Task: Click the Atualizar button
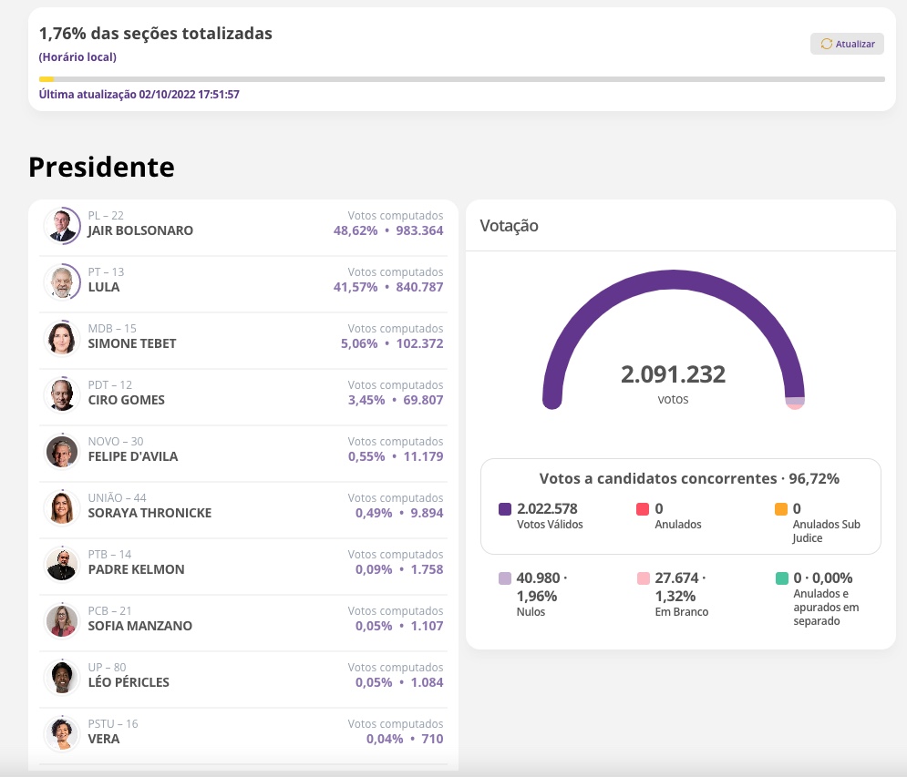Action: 847,44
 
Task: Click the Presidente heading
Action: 101,167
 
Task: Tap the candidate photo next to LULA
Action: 62,281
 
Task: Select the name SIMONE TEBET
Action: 132,343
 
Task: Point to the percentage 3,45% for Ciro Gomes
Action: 366,400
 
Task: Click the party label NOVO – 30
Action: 115,442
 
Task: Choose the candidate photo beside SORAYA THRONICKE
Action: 62,507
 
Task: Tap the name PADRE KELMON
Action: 136,569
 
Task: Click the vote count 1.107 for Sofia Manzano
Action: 427,626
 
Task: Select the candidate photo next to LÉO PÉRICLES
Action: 62,677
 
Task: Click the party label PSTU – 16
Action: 113,724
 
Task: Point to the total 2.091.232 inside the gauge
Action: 673,374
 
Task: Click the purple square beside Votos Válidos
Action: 505,509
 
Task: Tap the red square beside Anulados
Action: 643,509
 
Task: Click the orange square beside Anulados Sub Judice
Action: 781,509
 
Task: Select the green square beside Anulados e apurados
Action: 781,578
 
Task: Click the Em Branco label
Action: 681,612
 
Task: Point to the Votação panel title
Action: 509,226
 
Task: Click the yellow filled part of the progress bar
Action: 46,79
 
